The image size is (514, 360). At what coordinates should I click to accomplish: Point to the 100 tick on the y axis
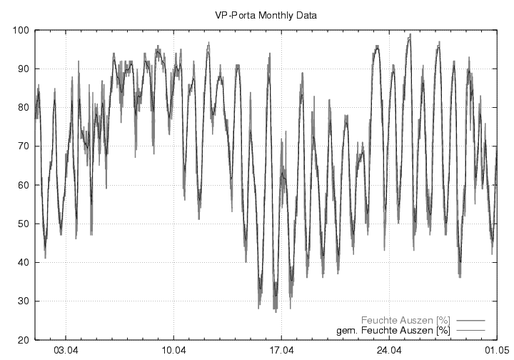click(19, 30)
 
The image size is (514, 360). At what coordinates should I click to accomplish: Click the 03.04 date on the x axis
click(66, 351)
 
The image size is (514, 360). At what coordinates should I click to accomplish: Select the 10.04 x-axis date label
click(174, 351)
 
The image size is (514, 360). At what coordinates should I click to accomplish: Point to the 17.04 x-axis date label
click(282, 351)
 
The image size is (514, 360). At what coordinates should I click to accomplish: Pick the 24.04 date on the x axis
click(390, 351)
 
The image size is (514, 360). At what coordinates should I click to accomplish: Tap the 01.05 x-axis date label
click(496, 351)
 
